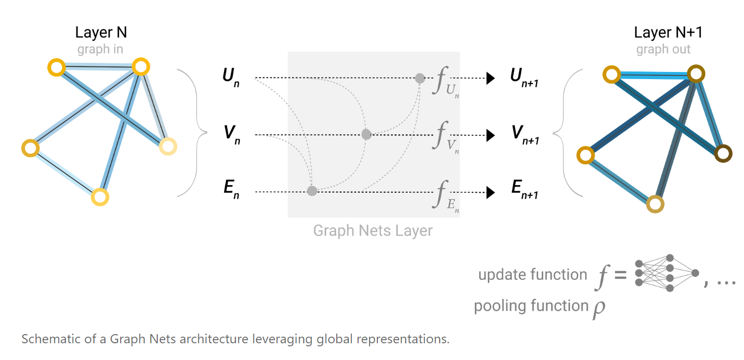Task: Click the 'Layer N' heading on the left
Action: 101,32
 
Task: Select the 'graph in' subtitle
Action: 100,50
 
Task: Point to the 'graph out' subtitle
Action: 663,50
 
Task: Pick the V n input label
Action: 231,134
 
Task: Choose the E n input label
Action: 231,192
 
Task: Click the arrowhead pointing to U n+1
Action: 490,78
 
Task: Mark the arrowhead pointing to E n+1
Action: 490,192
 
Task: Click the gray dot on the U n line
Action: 419,78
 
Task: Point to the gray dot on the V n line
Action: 366,134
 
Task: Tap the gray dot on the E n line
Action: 312,191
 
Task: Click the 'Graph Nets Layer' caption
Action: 373,231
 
